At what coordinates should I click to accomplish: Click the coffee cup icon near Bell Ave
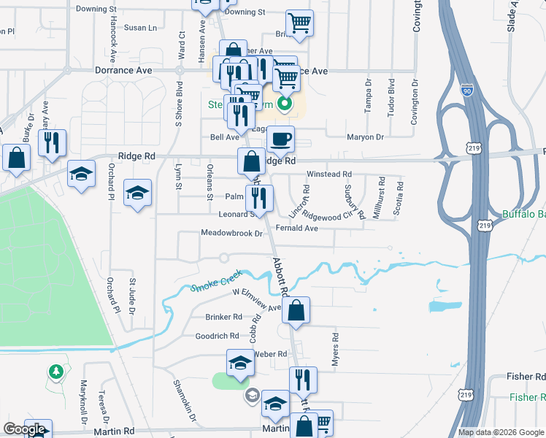point(280,138)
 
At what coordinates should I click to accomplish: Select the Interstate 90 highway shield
point(467,91)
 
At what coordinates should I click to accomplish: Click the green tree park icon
point(56,372)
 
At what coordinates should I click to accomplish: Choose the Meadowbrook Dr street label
point(231,234)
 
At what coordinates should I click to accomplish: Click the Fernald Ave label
point(296,228)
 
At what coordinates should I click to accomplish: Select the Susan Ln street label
point(140,28)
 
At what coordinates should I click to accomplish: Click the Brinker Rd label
point(224,317)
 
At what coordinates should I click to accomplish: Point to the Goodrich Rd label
point(217,336)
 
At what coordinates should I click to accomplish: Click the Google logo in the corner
point(24,429)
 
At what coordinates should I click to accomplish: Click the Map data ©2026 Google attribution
point(501,432)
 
